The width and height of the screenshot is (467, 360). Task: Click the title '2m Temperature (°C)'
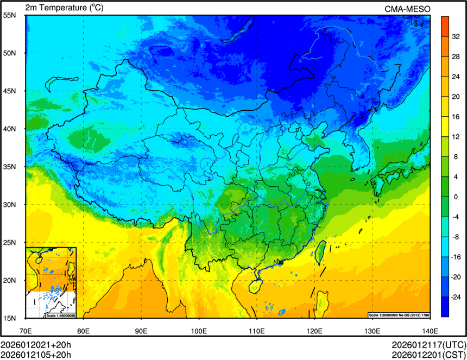64,8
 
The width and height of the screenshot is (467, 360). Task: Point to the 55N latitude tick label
9,15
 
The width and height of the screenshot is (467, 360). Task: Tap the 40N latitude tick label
9,129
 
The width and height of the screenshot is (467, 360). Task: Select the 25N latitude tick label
9,242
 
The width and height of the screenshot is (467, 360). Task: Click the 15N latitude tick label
9,318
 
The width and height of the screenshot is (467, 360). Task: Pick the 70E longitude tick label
26,330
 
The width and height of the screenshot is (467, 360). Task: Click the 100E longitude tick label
199,330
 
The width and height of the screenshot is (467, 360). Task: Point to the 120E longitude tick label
314,330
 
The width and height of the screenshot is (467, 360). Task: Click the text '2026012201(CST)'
428,355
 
